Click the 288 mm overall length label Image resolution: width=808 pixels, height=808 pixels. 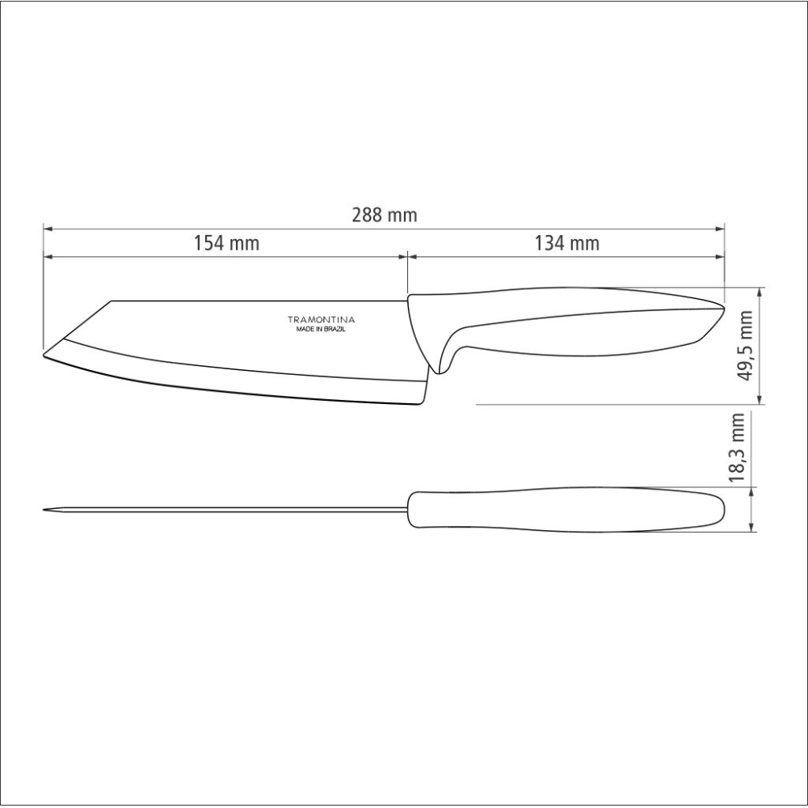point(385,215)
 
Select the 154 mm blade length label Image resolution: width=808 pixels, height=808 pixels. point(226,242)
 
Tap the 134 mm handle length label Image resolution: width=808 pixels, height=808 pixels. point(567,242)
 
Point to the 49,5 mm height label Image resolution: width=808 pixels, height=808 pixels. point(746,345)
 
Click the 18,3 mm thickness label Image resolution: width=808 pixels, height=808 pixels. point(738,448)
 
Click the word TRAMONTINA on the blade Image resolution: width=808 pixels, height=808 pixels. point(321,320)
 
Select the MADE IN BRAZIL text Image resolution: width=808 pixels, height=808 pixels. point(321,330)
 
